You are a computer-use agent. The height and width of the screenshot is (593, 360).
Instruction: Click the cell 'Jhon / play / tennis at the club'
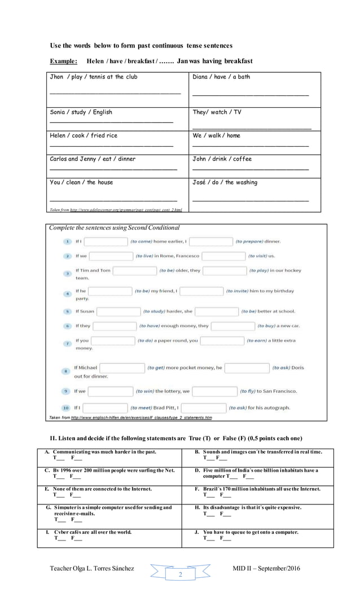click(x=93, y=77)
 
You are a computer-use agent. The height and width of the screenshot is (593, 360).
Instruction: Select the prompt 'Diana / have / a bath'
click(x=221, y=77)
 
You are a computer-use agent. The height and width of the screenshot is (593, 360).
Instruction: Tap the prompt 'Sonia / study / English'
click(x=81, y=112)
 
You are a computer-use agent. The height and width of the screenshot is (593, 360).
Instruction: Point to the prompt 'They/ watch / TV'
click(x=217, y=112)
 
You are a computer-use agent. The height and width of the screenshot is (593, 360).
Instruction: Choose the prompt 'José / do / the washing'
click(x=225, y=182)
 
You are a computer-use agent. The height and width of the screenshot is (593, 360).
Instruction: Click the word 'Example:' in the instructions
click(x=63, y=61)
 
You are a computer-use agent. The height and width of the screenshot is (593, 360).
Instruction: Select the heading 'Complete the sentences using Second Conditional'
click(x=114, y=228)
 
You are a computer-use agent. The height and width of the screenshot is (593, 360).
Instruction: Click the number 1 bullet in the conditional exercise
click(x=67, y=241)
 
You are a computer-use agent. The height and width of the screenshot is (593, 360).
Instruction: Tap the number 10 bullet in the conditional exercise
click(x=66, y=407)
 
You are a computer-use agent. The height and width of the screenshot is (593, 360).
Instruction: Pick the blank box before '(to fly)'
click(x=214, y=391)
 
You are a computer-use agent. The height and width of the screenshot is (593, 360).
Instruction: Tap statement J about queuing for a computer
click(x=251, y=532)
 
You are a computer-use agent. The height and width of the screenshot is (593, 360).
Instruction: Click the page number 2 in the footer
click(x=180, y=574)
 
